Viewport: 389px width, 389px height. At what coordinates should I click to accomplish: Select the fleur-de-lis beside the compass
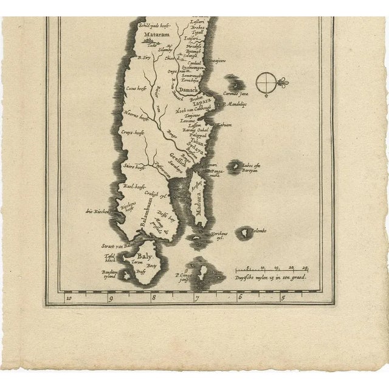point(282,82)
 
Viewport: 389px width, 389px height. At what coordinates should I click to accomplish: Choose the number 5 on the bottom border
point(283,298)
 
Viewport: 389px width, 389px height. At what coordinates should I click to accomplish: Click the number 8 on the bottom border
point(154,298)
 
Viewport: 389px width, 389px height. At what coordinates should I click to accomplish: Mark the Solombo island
point(244,232)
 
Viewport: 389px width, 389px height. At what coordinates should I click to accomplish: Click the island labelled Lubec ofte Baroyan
point(234,166)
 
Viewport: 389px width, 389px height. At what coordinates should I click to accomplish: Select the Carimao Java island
point(233,83)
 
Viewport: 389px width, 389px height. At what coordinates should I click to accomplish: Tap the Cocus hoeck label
point(136,88)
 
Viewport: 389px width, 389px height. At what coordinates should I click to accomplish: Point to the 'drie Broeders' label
point(98,211)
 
